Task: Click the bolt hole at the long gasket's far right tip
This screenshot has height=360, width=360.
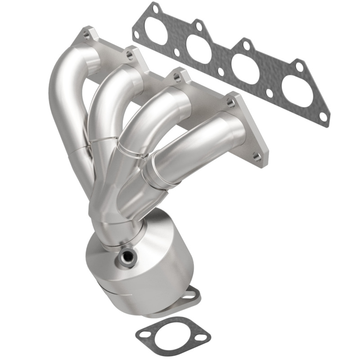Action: (324, 117)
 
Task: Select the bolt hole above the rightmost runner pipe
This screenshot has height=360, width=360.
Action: (231, 103)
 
